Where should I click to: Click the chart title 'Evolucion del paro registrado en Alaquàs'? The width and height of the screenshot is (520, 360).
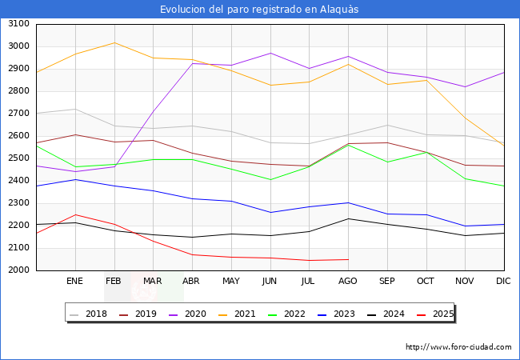[x=259, y=10]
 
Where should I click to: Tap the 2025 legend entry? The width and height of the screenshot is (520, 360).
[x=442, y=314]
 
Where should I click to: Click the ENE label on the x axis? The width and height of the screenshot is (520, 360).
[x=75, y=281]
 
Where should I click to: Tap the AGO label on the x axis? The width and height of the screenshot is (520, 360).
[x=348, y=281]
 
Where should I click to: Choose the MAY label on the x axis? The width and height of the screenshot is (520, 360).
[x=231, y=281]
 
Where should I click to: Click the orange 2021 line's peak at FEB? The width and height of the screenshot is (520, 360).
[x=114, y=42]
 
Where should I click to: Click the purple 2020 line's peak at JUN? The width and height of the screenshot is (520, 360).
[x=270, y=54]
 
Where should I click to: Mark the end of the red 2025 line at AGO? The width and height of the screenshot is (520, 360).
[x=348, y=259]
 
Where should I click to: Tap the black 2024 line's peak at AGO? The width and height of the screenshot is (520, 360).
[x=348, y=218]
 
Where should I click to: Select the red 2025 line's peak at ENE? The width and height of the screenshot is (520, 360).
[x=75, y=214]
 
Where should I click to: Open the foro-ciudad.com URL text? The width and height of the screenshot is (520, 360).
[x=458, y=347]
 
